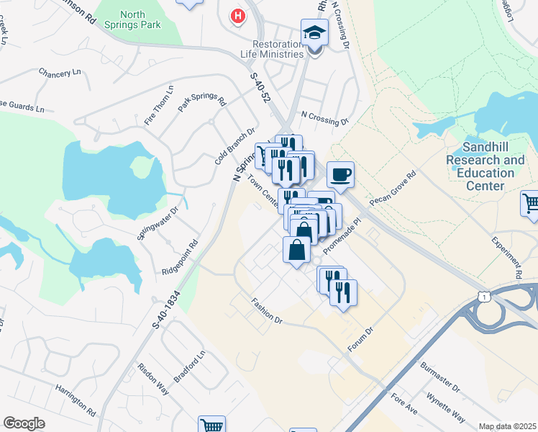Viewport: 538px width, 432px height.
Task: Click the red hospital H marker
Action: pyautogui.click(x=237, y=15)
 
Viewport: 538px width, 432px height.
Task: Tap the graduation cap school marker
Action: pyautogui.click(x=314, y=33)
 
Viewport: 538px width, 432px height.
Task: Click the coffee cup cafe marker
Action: pyautogui.click(x=340, y=174)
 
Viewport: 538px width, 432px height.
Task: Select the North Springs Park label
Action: pyautogui.click(x=142, y=19)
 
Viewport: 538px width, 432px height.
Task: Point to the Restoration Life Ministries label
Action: pyautogui.click(x=272, y=49)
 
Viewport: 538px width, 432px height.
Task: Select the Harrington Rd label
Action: pyautogui.click(x=76, y=399)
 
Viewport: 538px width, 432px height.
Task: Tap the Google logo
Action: pyautogui.click(x=24, y=423)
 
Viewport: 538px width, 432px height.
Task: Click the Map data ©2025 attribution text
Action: pyautogui.click(x=507, y=426)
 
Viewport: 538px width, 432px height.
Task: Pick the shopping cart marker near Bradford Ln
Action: pyautogui.click(x=211, y=425)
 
